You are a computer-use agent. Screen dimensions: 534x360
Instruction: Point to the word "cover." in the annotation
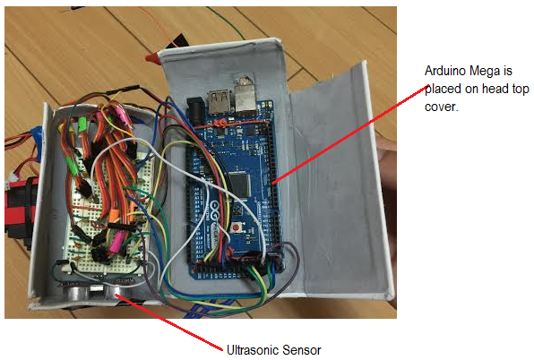(442, 107)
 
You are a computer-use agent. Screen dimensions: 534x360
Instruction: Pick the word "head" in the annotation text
(495, 89)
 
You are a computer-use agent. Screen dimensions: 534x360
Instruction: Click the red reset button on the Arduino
(236, 227)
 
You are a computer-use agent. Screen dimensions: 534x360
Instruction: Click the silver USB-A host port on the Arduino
(219, 101)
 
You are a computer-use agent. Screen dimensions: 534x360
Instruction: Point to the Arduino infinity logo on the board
(218, 207)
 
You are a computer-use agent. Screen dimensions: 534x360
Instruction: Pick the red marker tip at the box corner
(151, 57)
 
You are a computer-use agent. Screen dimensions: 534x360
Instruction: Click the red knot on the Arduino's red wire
(221, 123)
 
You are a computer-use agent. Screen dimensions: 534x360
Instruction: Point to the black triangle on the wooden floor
(178, 41)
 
